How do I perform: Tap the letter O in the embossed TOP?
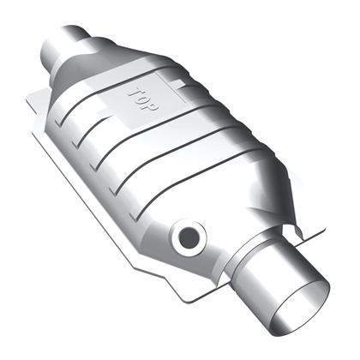point(143,99)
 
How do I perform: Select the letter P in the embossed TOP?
point(152,106)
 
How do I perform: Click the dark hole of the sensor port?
point(189,237)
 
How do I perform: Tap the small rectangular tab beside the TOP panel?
point(177,84)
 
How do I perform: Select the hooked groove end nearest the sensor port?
point(135,215)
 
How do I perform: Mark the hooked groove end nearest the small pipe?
point(59,123)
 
